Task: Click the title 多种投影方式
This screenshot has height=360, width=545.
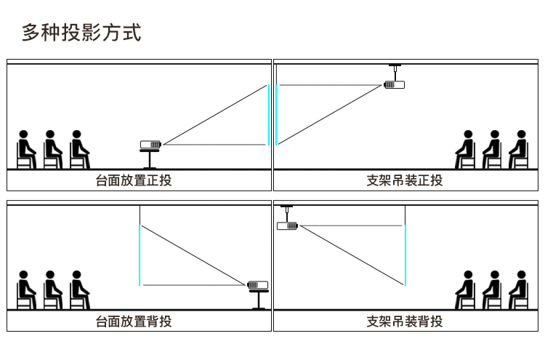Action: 81,33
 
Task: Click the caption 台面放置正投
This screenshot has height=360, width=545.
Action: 134,180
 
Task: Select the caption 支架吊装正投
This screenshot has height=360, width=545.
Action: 405,180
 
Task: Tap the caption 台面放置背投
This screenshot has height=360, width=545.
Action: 134,321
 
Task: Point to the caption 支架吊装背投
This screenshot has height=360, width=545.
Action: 405,321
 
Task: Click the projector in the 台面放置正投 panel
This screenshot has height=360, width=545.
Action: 150,144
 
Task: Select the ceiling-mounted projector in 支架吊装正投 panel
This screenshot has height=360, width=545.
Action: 394,84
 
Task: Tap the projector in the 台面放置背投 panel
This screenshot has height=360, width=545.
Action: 257,285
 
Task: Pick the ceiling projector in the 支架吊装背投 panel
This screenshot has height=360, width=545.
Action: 288,226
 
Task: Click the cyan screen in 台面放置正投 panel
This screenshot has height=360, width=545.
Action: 269,115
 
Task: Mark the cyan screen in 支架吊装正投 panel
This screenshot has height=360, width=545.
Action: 276,115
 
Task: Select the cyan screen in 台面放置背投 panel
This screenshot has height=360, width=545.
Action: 140,255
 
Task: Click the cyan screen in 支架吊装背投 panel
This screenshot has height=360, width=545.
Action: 405,255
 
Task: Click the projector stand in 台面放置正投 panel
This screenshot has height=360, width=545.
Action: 150,159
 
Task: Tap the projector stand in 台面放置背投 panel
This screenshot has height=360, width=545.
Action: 259,300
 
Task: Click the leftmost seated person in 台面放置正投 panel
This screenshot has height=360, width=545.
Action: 26,150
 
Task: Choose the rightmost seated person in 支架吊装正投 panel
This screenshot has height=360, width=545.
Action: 519,150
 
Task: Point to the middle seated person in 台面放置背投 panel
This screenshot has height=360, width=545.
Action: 52,290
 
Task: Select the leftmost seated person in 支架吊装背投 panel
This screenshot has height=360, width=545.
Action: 465,290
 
